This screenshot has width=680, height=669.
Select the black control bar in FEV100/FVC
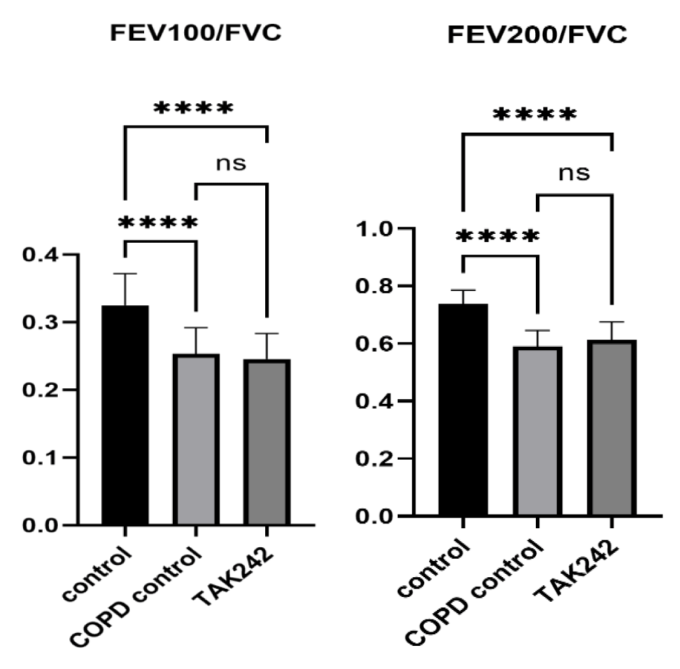[125, 415]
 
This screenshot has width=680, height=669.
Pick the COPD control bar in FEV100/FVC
[196, 439]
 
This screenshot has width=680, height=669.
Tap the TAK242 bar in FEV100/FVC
[267, 442]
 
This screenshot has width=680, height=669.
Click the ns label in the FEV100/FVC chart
[231, 163]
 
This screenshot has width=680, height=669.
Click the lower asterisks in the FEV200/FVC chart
[498, 237]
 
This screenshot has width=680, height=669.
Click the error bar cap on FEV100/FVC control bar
[125, 273]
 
